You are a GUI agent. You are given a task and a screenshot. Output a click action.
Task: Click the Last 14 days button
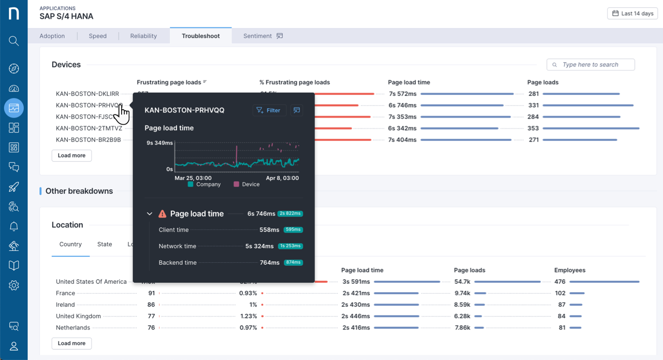[632, 13]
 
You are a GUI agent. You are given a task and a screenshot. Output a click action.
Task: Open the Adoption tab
[52, 36]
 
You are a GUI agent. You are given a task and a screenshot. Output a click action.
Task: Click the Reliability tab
[143, 36]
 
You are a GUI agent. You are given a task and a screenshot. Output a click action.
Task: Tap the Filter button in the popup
[269, 110]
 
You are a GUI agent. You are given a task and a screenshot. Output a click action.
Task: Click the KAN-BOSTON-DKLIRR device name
[87, 94]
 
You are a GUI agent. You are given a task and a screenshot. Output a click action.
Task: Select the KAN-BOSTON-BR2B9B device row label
[88, 140]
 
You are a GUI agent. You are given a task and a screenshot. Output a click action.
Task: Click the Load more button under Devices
[71, 155]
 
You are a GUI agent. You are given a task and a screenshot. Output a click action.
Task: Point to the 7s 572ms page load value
[402, 94]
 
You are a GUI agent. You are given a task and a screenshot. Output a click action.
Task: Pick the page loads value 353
[533, 128]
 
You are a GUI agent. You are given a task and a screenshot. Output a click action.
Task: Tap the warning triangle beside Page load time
[162, 213]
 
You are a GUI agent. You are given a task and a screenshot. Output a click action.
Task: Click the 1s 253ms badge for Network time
[290, 246]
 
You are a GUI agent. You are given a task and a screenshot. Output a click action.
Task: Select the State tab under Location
[105, 244]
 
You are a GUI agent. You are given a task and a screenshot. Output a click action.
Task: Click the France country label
[65, 293]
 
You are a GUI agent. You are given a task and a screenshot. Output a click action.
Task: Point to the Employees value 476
[559, 282]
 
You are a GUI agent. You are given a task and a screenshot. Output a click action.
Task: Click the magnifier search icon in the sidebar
[14, 41]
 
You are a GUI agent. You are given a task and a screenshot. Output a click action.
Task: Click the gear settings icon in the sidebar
[14, 285]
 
